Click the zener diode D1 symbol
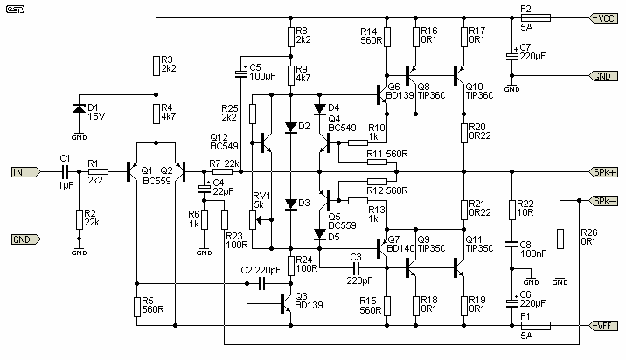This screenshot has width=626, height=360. coord(79,109)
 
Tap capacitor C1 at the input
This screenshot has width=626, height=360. coord(65,172)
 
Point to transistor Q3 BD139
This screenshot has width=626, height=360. coord(284,302)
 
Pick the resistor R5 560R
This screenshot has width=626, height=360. coord(136,305)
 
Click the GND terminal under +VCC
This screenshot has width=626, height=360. coord(602,76)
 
